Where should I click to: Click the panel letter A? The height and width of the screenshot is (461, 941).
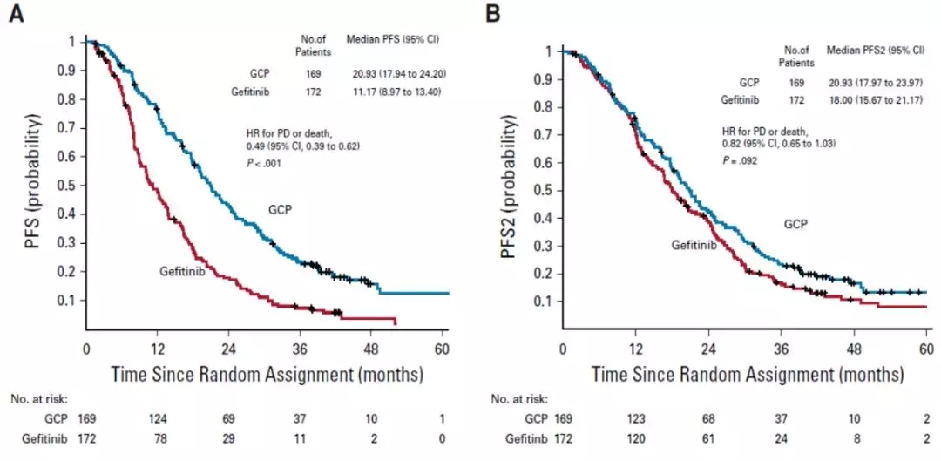[x=15, y=15]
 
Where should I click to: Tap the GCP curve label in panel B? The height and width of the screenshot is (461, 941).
[x=795, y=224]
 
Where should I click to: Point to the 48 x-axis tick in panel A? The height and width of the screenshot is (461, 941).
[x=371, y=348]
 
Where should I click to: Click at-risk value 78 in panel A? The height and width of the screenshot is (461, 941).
[x=158, y=438]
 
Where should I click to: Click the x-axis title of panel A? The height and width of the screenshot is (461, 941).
[x=267, y=375]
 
